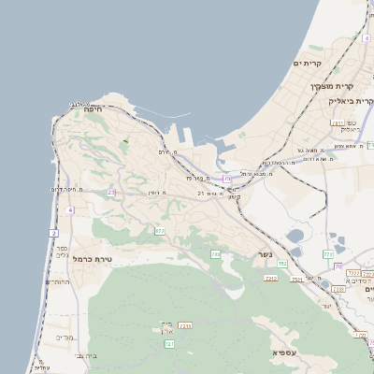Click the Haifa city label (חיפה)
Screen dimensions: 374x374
click(x=92, y=109)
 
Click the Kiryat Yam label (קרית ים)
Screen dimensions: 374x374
click(x=306, y=63)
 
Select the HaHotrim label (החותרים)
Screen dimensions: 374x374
click(x=58, y=281)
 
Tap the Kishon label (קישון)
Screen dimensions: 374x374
click(x=234, y=196)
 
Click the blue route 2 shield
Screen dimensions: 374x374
click(x=54, y=232)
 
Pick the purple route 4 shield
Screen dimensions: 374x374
click(x=70, y=210)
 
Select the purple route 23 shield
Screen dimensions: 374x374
click(x=110, y=192)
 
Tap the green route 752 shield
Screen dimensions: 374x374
click(x=281, y=264)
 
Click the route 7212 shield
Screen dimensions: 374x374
click(x=271, y=278)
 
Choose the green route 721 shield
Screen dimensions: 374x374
click(x=169, y=344)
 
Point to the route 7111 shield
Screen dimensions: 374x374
click(x=185, y=325)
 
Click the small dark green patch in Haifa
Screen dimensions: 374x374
click(x=124, y=142)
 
